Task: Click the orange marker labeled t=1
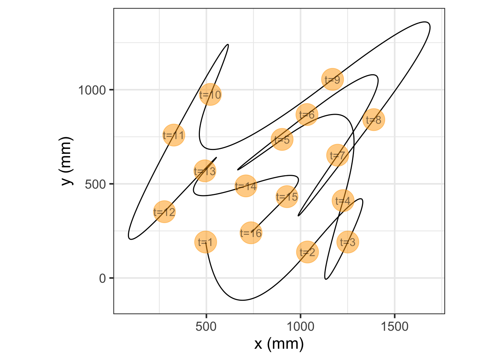click(205, 242)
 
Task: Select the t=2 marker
click(307, 252)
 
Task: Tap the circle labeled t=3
click(348, 242)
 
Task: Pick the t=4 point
click(343, 201)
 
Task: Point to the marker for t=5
click(282, 139)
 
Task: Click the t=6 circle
click(307, 115)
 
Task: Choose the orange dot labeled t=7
click(337, 155)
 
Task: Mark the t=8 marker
click(373, 120)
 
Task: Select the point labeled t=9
click(332, 79)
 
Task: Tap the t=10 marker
click(210, 95)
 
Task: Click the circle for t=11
click(174, 135)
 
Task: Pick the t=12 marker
click(164, 212)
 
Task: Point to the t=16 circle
click(251, 233)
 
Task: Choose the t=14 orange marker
click(246, 186)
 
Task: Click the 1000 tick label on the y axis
click(92, 90)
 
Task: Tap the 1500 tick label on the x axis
click(394, 327)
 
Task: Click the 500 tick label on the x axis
click(206, 327)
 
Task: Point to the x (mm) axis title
click(279, 344)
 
